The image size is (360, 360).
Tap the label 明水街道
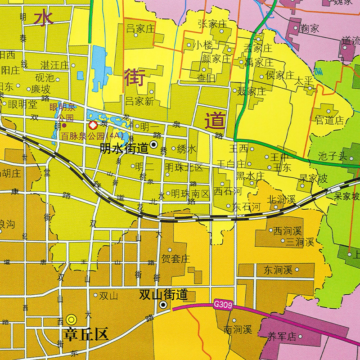[x=124, y=147]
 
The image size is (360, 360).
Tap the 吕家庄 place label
[x=140, y=29]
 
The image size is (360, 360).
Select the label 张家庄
[x=213, y=24]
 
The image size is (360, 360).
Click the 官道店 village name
[x=329, y=120]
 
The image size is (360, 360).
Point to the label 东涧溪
[x=278, y=270]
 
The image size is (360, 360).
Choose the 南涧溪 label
[x=238, y=330]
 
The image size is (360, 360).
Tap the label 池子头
[x=333, y=157]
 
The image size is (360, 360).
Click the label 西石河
[x=227, y=191]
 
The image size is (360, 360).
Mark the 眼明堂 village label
[x=22, y=104]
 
